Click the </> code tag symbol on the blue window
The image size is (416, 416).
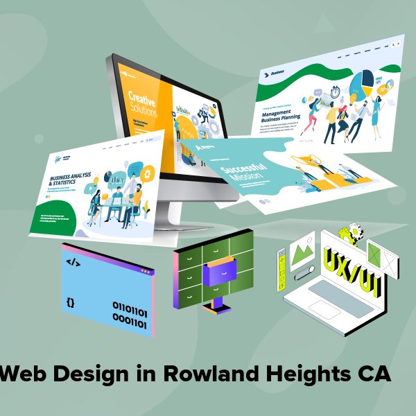point(72,262)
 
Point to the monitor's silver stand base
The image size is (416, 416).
point(173,225)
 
